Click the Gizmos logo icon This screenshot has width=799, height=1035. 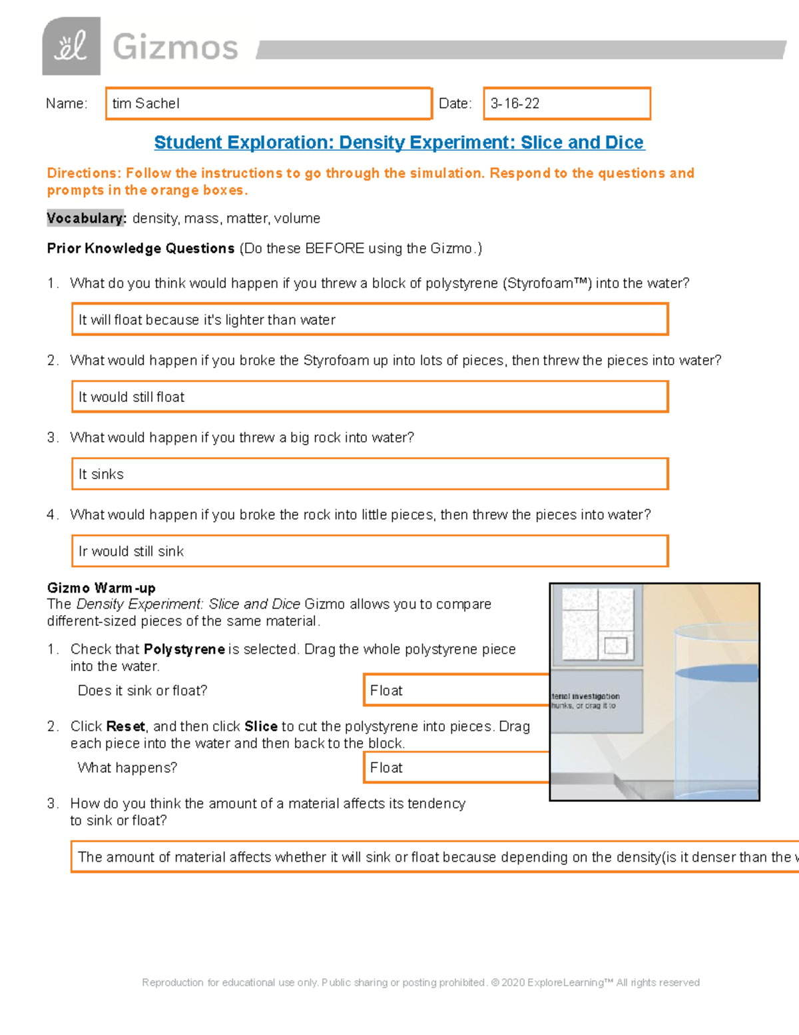tap(71, 47)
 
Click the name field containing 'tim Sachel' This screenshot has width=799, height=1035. tap(268, 103)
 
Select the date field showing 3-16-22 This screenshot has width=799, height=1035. tap(567, 103)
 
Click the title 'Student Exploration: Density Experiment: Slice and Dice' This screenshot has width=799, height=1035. tap(399, 143)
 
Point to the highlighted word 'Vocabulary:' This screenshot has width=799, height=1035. tap(86, 219)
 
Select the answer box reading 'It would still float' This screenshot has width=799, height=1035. tap(370, 397)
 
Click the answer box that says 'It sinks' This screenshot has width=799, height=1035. tap(370, 475)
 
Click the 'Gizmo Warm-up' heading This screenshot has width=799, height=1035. tap(101, 588)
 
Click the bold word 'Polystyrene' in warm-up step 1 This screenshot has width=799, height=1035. tap(184, 649)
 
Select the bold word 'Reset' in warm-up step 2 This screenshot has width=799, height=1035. tap(126, 726)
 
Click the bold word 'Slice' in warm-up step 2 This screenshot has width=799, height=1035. tap(261, 726)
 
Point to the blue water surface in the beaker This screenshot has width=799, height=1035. tap(716, 673)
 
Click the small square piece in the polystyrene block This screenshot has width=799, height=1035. tap(616, 645)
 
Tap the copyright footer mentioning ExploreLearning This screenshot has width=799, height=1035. tap(421, 982)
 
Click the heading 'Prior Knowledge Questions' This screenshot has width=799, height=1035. tap(140, 249)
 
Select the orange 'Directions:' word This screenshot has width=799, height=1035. tap(84, 173)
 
